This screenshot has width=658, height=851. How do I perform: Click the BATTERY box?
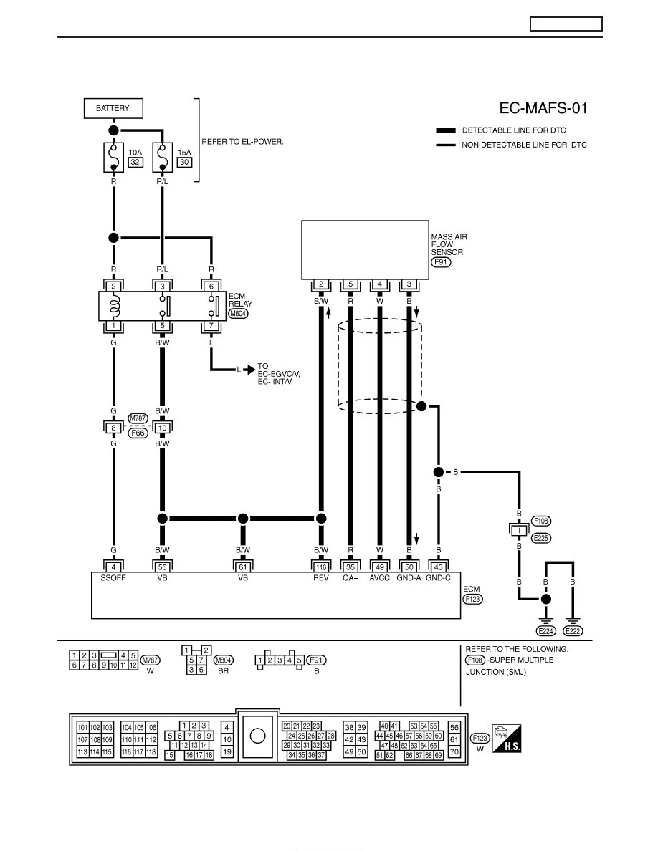113,108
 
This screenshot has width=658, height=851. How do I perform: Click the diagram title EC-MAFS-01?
543,108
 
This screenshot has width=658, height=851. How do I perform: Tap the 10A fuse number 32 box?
135,163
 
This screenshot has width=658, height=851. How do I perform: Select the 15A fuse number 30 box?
185,163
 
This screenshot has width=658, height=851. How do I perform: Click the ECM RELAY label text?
240,300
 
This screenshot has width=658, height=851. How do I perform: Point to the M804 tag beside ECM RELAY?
238,314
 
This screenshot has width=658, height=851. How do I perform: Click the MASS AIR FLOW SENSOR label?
449,244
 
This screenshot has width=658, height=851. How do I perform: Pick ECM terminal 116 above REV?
321,567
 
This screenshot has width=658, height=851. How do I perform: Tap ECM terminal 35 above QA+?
351,567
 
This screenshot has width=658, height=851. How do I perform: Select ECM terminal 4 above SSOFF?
113,567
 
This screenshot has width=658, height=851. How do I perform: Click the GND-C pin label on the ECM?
438,578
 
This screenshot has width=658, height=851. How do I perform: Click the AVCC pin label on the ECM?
379,578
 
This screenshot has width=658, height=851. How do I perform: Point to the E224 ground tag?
545,630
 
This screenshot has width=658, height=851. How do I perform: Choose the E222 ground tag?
573,630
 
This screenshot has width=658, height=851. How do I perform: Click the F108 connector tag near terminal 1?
540,521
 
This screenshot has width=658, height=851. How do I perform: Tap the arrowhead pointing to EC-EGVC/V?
249,370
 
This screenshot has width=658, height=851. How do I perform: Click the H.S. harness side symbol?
507,738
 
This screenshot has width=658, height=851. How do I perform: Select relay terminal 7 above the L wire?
211,326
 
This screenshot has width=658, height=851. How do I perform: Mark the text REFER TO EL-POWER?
243,142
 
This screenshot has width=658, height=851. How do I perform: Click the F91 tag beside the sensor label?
442,262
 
